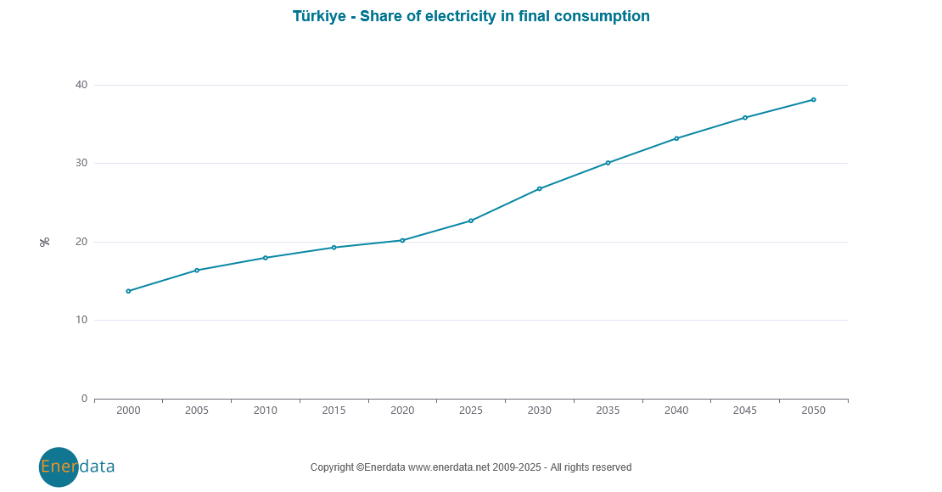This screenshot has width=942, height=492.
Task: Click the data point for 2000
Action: [x=128, y=291]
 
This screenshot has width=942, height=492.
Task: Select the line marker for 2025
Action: [x=471, y=221]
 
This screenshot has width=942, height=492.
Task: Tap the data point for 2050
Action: [x=813, y=99]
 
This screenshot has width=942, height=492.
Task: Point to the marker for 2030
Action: [x=540, y=188]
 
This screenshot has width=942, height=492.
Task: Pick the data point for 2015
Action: [x=334, y=248]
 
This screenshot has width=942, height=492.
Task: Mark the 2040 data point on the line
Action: [x=676, y=138]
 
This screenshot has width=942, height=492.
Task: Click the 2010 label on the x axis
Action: [x=266, y=411]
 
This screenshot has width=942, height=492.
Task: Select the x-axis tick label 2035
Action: [x=608, y=411]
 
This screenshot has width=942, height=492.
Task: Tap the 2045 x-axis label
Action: [x=744, y=411]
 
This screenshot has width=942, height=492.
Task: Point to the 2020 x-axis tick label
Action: [x=402, y=411]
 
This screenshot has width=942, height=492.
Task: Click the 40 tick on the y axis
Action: [x=81, y=85]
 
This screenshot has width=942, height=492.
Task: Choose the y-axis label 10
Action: [x=81, y=320]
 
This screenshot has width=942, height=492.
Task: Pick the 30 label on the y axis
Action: [x=81, y=163]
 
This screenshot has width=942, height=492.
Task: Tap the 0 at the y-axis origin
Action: [x=84, y=399]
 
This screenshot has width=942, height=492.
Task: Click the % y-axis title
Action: [x=45, y=242]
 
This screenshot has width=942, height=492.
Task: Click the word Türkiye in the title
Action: [x=320, y=16]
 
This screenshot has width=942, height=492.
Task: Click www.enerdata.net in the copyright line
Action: [x=449, y=467]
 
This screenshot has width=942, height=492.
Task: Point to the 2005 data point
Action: [x=197, y=271]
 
